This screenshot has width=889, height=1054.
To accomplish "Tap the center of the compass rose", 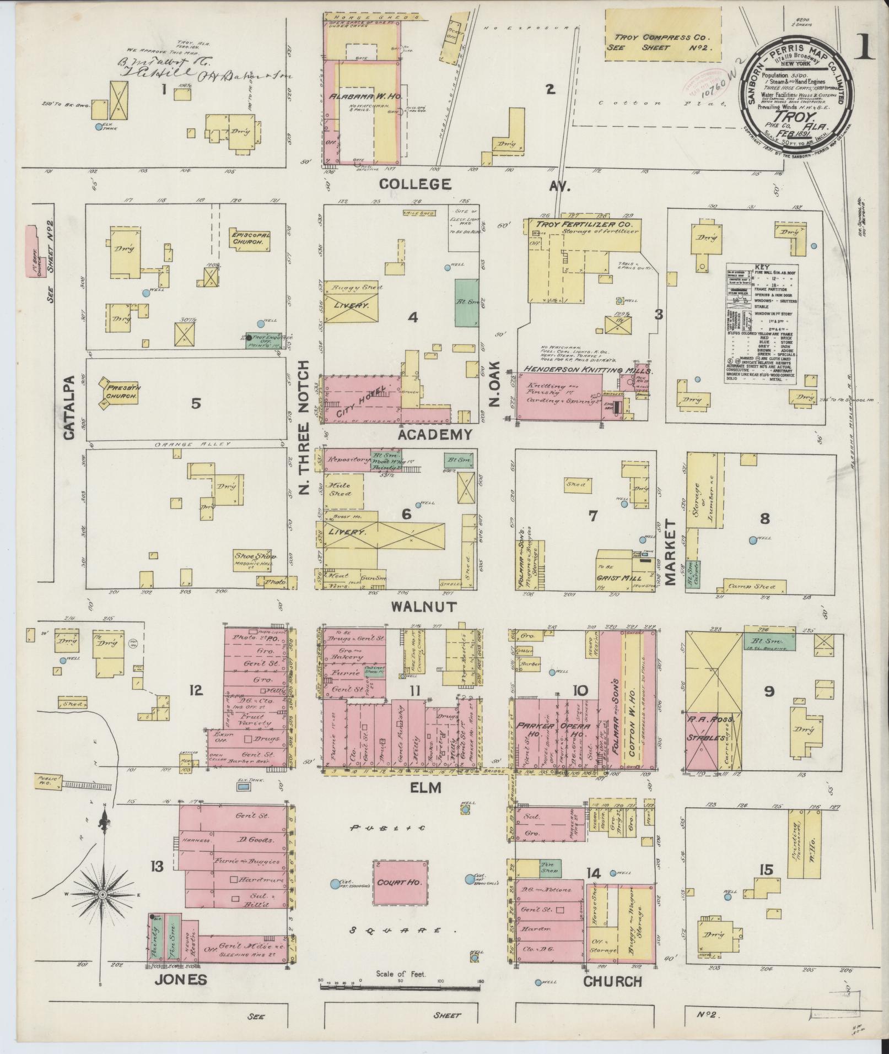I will (102, 897).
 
